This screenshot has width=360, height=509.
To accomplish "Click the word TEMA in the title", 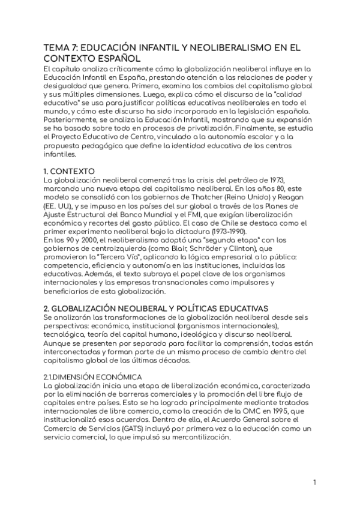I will click(56, 47).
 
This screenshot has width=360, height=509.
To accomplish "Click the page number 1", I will click(314, 482).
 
